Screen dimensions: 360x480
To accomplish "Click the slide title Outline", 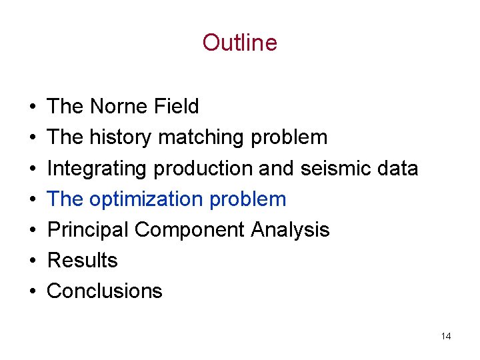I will (x=239, y=43).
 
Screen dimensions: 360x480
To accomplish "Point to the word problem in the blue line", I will (x=254, y=199).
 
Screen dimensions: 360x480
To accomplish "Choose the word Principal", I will (x=88, y=229).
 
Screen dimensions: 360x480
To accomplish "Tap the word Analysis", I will (x=290, y=229).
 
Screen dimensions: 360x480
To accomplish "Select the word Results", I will (x=83, y=260).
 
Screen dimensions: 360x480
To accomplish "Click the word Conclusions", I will (x=105, y=291).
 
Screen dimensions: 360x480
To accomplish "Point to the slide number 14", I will (x=446, y=336).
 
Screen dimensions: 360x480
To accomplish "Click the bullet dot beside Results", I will (x=32, y=261).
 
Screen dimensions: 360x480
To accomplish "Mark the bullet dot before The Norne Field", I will (x=32, y=107).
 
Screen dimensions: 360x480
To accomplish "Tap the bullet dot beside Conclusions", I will (x=32, y=291).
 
